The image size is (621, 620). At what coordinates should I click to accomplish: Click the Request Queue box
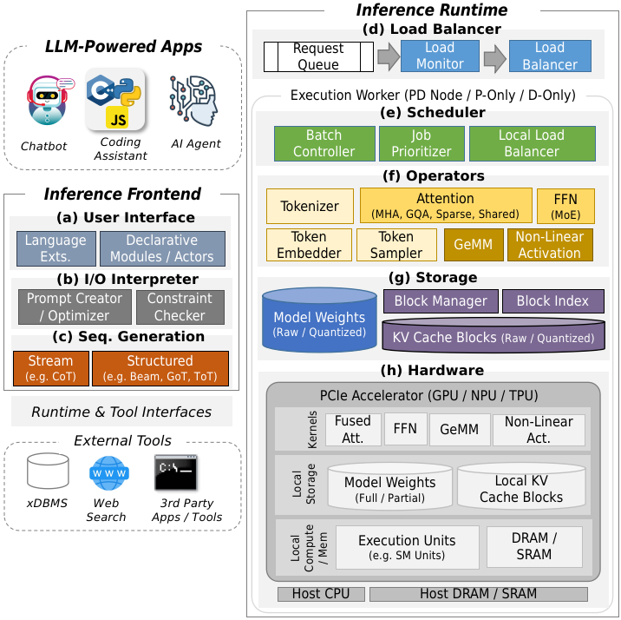click(x=318, y=56)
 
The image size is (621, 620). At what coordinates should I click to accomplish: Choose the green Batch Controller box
click(x=324, y=143)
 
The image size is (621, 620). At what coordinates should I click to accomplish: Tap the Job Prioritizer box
click(x=422, y=143)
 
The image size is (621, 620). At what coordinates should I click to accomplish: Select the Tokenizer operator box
click(x=310, y=206)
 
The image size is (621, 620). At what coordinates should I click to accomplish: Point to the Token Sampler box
click(x=395, y=245)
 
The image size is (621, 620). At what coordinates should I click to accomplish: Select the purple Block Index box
click(x=552, y=301)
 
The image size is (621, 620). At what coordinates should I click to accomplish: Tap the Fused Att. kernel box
click(x=352, y=429)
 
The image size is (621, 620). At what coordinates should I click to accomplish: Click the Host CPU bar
click(x=321, y=594)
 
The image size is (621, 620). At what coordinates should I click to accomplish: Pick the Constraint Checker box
click(x=180, y=307)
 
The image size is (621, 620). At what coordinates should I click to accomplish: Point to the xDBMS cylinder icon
click(x=48, y=472)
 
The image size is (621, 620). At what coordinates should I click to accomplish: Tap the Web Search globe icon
click(x=108, y=472)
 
